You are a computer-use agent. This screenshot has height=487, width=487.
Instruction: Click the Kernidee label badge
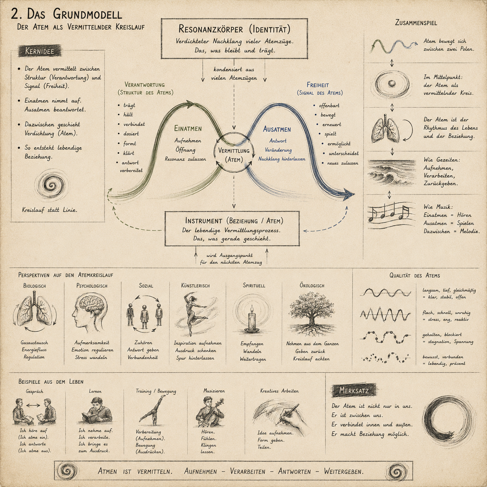click(40, 51)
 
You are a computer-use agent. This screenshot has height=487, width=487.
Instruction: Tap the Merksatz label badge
click(354, 390)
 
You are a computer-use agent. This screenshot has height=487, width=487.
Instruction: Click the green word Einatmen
click(188, 129)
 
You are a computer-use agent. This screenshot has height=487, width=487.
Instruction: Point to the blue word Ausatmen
click(277, 129)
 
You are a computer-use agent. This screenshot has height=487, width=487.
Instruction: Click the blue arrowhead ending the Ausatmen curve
click(349, 195)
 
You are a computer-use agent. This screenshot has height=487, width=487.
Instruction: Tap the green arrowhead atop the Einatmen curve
click(190, 104)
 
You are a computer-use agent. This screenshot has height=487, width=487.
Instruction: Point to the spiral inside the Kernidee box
click(52, 186)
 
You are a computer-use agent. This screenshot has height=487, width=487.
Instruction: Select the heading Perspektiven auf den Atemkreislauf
click(66, 275)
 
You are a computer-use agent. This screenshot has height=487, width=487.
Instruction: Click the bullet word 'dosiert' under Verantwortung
click(131, 134)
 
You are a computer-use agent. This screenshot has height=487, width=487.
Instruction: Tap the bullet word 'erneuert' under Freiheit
click(332, 124)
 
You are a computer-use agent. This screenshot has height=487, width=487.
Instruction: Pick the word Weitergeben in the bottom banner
click(344, 471)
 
